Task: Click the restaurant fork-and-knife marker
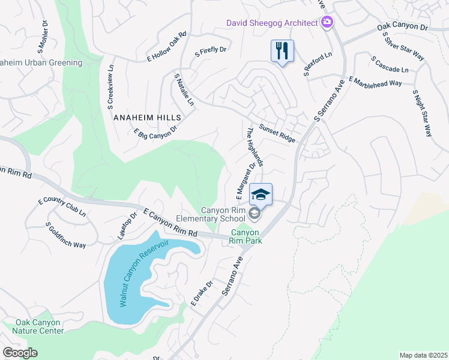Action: click(x=282, y=50)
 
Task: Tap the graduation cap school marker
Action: click(x=261, y=195)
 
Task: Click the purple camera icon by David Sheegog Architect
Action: click(x=327, y=23)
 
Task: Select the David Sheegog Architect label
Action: click(x=271, y=23)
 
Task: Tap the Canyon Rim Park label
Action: click(x=245, y=236)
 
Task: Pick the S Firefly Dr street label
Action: click(x=211, y=52)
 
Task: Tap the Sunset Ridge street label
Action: click(x=277, y=133)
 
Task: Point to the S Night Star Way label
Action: click(x=422, y=113)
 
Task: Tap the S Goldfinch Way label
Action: click(x=65, y=235)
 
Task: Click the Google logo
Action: click(x=20, y=353)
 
